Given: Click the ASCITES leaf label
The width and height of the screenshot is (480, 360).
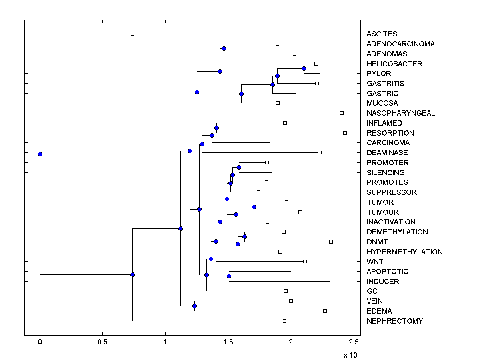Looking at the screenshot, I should (382, 34).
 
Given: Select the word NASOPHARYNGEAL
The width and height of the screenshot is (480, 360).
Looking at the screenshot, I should (400, 113).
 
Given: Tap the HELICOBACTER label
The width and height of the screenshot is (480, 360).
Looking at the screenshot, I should (394, 64).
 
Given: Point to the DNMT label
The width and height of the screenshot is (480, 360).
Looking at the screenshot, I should (377, 242).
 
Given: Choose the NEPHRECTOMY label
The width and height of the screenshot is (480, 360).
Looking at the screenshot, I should (394, 321).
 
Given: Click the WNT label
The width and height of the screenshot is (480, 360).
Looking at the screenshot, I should (375, 262).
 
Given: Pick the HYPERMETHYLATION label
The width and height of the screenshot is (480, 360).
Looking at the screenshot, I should (404, 252).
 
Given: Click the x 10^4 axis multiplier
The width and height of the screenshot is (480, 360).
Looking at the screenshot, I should (352, 354).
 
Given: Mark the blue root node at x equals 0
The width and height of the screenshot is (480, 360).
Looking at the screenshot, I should (40, 154).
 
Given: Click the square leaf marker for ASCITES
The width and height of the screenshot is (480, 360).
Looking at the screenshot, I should (133, 34).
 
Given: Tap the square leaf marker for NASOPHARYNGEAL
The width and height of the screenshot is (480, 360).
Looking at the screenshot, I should (342, 113).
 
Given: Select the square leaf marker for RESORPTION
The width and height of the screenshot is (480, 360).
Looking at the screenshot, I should (345, 133).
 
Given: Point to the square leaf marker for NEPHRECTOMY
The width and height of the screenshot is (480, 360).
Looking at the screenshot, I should (284, 321).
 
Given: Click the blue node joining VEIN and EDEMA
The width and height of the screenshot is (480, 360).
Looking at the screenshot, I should (194, 306).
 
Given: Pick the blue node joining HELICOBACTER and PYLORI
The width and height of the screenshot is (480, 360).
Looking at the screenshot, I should (304, 69).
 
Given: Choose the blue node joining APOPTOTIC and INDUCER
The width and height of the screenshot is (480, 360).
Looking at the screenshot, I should (229, 276).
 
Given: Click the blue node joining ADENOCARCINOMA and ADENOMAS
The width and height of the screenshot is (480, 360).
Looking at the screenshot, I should (224, 49).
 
